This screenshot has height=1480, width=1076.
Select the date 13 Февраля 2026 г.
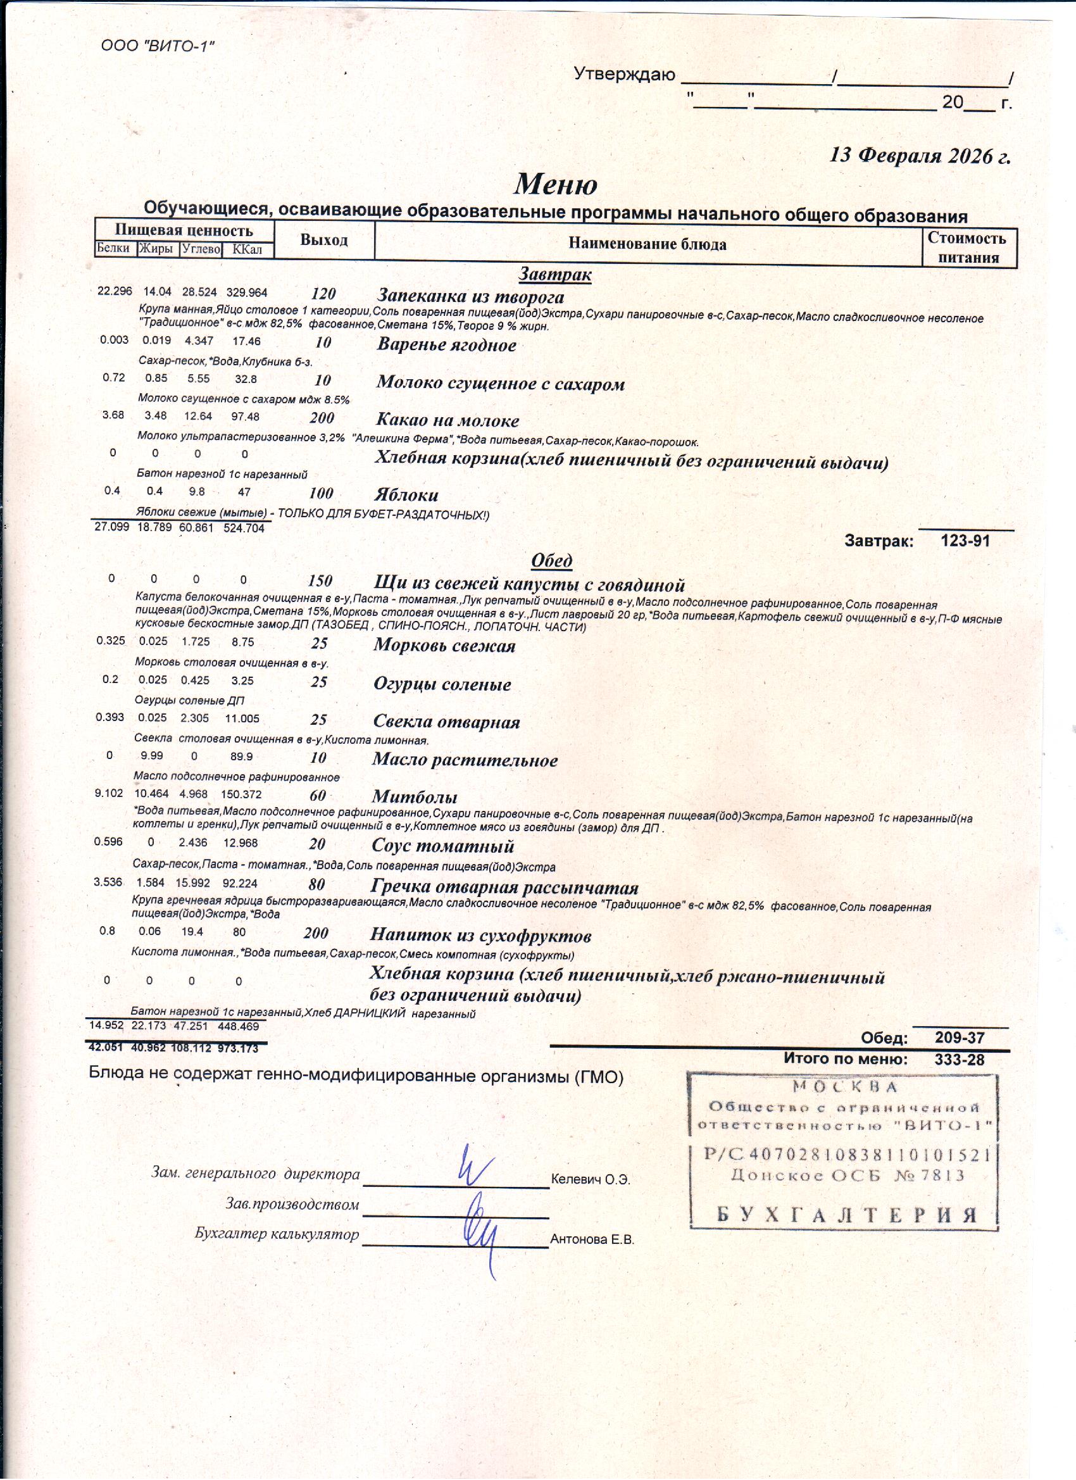pos(920,156)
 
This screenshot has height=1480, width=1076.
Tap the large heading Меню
pos(555,184)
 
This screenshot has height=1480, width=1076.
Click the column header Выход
pos(323,239)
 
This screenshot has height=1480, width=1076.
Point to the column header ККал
pos(247,249)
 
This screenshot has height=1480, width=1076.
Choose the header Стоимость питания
pos(968,248)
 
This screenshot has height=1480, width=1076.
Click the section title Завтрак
pos(554,274)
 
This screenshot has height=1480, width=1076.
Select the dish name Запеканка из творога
pos(470,297)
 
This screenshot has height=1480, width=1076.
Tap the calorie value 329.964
pos(247,292)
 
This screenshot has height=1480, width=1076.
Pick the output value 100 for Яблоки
pos(321,492)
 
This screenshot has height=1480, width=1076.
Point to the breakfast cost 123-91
pos(965,541)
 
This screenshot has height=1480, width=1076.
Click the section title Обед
pos(551,561)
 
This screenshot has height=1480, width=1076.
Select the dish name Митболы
pos(415,797)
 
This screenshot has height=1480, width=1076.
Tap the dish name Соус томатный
pos(442,846)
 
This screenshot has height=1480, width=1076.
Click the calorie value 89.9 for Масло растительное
pos(241,757)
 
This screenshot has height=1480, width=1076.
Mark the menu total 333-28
pos(958,1060)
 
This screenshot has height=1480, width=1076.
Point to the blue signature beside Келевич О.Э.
pos(476,1166)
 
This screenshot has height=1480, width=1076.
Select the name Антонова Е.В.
pos(592,1239)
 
